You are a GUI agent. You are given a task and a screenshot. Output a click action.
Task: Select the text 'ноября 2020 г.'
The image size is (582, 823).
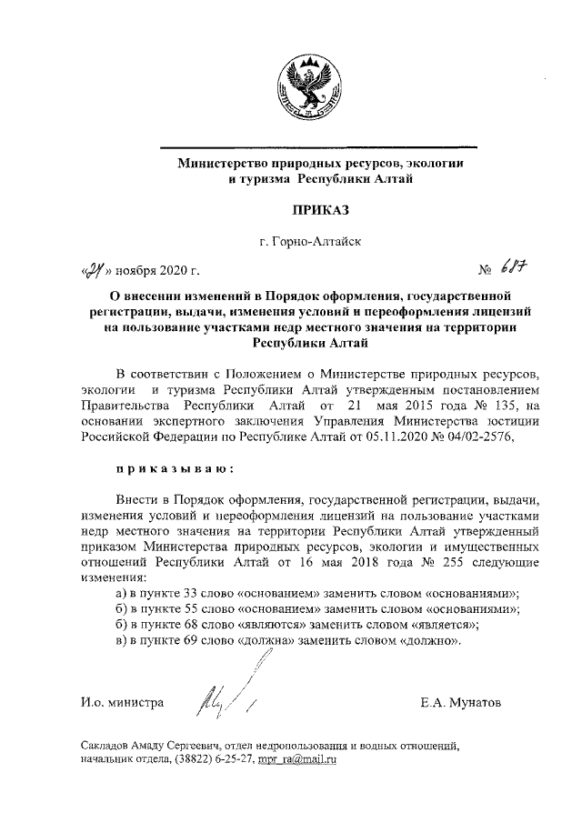[x=156, y=271]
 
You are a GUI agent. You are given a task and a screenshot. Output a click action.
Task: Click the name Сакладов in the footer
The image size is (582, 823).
[x=109, y=745]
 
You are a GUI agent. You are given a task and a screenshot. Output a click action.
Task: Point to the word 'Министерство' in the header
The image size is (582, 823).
[x=218, y=165]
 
